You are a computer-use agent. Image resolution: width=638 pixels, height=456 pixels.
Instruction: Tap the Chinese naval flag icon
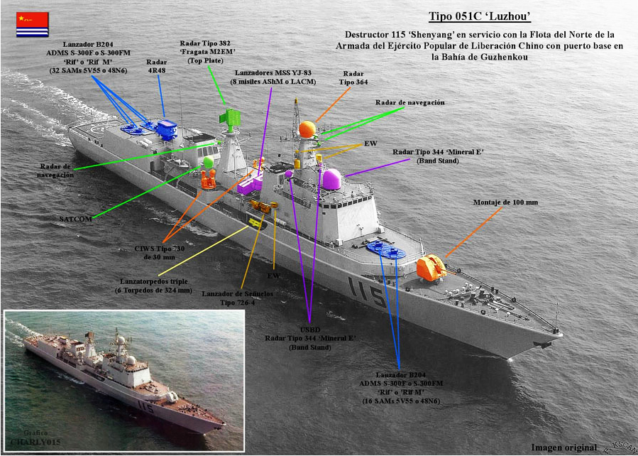tap(33, 24)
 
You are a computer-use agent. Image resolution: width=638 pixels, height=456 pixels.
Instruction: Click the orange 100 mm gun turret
tap(430, 268)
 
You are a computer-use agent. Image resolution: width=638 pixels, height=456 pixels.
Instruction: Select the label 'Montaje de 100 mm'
tap(505, 202)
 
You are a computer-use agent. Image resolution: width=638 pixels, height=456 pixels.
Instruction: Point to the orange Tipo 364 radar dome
tap(307, 129)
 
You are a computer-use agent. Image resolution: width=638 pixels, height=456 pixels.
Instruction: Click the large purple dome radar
tap(331, 179)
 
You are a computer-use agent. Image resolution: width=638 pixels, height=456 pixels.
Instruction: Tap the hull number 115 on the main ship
tap(366, 291)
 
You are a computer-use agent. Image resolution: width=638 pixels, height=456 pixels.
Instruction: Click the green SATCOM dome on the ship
tap(208, 162)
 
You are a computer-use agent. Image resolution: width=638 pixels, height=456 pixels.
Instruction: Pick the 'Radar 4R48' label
tap(156, 67)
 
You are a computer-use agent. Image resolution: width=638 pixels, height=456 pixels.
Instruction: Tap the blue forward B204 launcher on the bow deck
tap(386, 250)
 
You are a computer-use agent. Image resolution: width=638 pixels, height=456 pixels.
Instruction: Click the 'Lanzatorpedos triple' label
tap(155, 286)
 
